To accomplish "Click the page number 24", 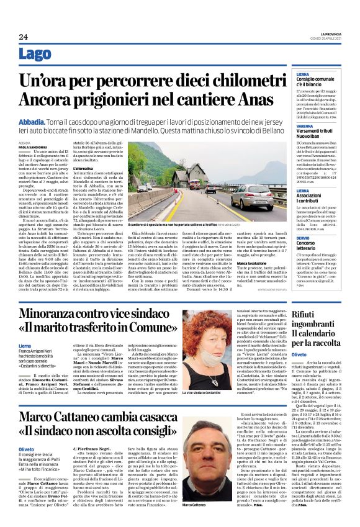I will (x=24, y=37).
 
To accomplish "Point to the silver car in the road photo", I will (x=251, y=196).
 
